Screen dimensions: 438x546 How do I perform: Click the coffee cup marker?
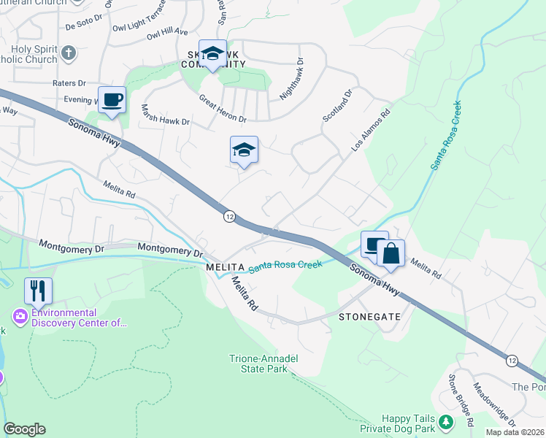(x=112, y=100)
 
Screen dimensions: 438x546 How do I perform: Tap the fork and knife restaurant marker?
(x=38, y=291)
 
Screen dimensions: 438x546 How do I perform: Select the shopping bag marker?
(x=391, y=253)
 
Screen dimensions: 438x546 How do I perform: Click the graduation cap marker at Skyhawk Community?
(x=212, y=53)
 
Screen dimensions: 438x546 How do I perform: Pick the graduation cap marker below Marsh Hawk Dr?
(x=244, y=150)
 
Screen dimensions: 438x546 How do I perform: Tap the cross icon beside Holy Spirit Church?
(x=69, y=53)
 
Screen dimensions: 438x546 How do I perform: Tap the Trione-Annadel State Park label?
(x=264, y=364)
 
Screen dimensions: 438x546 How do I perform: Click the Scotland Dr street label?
(x=338, y=106)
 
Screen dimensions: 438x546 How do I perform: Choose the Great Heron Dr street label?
(x=222, y=108)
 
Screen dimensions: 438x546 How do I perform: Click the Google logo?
(x=24, y=429)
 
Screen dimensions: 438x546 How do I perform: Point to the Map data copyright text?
(x=515, y=432)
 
